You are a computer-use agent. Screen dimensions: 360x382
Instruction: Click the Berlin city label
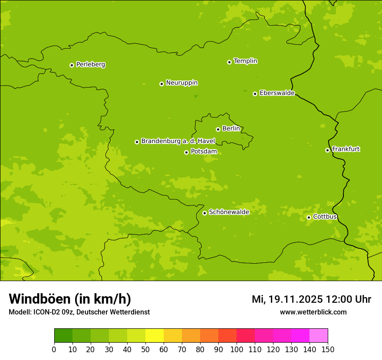point(231,129)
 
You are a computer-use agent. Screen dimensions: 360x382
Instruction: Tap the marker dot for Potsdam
point(186,152)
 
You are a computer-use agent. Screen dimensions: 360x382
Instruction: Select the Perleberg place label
point(90,65)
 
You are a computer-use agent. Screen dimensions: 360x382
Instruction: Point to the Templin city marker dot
point(229,62)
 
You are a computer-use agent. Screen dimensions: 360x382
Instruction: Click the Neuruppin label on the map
point(181,83)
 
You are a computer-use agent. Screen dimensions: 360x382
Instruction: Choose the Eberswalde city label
point(277,93)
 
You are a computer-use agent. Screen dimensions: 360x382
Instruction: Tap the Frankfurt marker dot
point(327,150)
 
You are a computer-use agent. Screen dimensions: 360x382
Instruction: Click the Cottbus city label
point(325,217)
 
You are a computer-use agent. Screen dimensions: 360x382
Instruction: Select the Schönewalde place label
point(229,212)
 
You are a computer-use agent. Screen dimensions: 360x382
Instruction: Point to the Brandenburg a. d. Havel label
point(178,141)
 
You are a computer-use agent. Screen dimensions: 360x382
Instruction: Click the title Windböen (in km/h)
point(70,299)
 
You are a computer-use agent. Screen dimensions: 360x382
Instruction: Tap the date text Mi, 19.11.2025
point(287,299)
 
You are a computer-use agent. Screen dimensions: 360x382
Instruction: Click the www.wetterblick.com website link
point(313,312)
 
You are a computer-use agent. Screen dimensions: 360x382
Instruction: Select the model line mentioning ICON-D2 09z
point(79,312)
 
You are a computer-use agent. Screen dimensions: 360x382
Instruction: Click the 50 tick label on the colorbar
point(145,349)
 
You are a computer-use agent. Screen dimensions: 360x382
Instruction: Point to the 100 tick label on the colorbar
point(237,349)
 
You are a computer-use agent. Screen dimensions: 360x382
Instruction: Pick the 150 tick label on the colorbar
point(328,349)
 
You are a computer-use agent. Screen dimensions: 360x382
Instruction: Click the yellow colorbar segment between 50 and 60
point(155,336)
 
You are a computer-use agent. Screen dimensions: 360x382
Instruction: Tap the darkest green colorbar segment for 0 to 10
point(63,336)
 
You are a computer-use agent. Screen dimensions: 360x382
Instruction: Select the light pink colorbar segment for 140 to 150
point(319,336)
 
